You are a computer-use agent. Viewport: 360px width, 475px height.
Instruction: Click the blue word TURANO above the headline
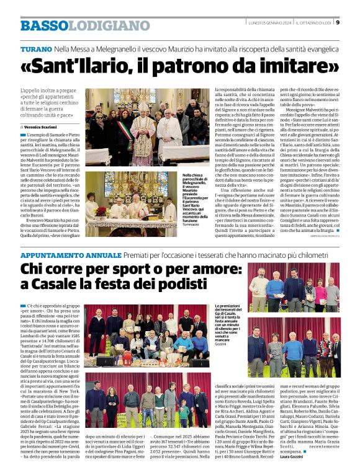click(35, 48)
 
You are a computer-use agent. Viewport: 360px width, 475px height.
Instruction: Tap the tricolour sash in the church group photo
click(120, 128)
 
